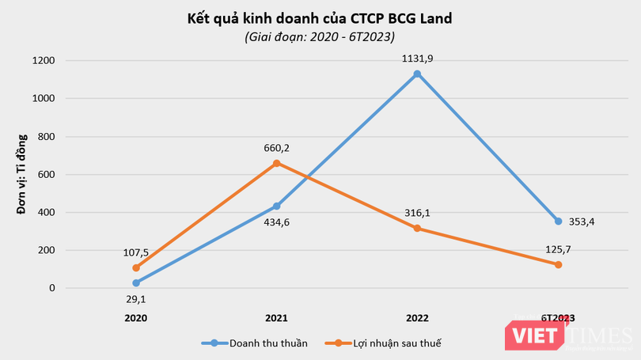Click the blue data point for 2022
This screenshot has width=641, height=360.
click(x=417, y=74)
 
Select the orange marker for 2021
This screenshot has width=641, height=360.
click(x=276, y=163)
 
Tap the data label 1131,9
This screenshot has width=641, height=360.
click(x=417, y=58)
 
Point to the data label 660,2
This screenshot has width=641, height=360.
click(x=276, y=146)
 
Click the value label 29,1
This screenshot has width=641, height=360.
click(x=136, y=300)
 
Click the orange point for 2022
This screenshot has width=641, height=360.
click(x=417, y=229)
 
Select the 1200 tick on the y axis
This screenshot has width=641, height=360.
click(x=43, y=61)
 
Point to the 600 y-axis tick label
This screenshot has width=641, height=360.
click(x=46, y=174)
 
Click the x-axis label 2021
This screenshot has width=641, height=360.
click(x=276, y=317)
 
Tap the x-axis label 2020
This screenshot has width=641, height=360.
click(x=136, y=317)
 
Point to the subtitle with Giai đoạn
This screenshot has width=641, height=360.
click(x=320, y=36)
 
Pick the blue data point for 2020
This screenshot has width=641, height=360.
click(x=136, y=282)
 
